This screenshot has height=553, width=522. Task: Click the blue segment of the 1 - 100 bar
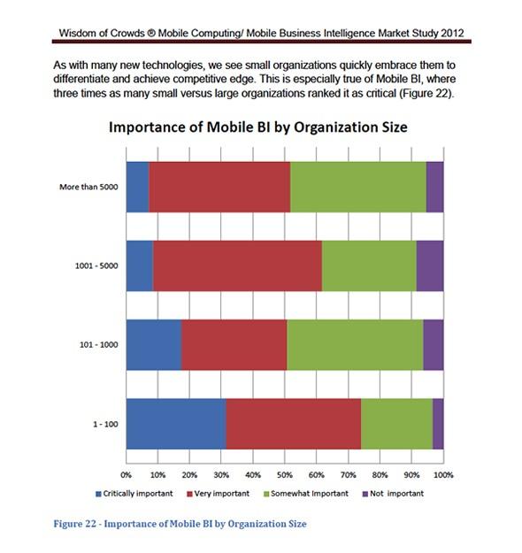tap(176, 424)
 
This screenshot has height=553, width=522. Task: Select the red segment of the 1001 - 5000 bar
tap(237, 266)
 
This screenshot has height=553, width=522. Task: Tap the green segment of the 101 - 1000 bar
tap(355, 345)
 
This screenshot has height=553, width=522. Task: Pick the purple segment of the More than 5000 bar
tap(435, 187)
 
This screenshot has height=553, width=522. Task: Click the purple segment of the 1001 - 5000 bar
tap(430, 266)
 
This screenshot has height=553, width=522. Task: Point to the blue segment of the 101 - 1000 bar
tap(154, 345)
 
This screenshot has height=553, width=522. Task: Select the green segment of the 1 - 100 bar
tap(396, 424)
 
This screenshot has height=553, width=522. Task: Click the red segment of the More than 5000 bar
tap(219, 187)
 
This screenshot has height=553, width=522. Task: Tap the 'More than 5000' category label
tap(88, 187)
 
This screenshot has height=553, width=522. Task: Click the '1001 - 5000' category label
tap(96, 266)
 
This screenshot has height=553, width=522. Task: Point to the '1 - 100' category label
tap(105, 425)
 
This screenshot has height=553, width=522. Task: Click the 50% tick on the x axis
tap(285, 475)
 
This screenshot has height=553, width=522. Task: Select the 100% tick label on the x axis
tap(443, 475)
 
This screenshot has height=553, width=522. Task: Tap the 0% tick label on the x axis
tap(126, 475)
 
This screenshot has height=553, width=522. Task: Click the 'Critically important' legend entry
tap(134, 494)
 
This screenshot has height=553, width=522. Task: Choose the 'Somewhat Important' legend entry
tap(306, 494)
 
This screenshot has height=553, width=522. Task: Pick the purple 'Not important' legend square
tap(365, 494)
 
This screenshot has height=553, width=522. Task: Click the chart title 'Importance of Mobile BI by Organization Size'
tap(258, 127)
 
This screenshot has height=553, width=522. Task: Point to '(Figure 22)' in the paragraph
tap(426, 94)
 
